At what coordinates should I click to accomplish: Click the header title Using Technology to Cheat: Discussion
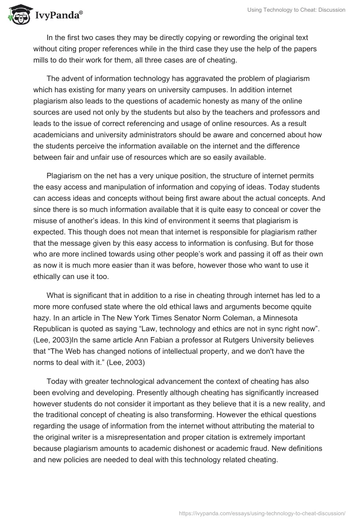click(297, 10)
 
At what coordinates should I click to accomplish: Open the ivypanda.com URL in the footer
click(262, 513)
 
